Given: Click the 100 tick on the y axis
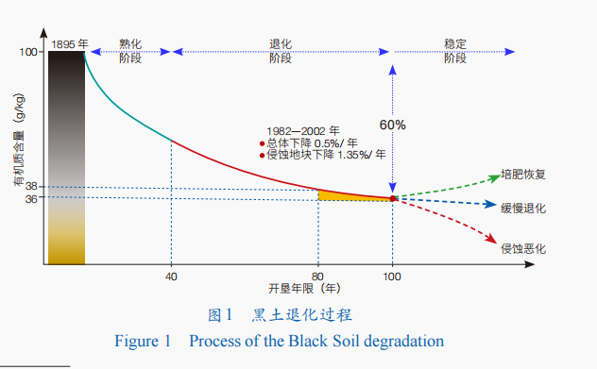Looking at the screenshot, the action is coord(28,52).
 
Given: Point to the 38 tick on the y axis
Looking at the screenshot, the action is coord(31,187).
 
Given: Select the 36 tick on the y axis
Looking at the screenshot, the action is coord(31,198).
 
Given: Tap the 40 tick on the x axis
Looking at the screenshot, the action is coord(171,277).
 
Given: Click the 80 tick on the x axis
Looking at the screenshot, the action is coord(317,277).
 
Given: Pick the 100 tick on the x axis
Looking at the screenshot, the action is coord(392,277).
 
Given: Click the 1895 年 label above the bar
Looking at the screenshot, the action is coord(70,44).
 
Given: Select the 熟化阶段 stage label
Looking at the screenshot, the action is coord(130,51).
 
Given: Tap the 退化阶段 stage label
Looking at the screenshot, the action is coord(281,51).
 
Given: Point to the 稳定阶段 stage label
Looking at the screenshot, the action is coord(455,51).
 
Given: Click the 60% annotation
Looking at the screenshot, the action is coord(393,125).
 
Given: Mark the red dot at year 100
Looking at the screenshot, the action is coord(393,198).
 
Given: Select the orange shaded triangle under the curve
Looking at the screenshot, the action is coord(343,196).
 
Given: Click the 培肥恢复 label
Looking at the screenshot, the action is coord(523,175).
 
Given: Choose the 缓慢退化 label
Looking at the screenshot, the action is coord(523,209).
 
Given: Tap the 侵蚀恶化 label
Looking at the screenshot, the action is coord(523,249).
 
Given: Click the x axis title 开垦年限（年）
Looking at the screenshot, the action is coord(304,289).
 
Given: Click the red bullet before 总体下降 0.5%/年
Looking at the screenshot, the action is coord(262,143).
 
